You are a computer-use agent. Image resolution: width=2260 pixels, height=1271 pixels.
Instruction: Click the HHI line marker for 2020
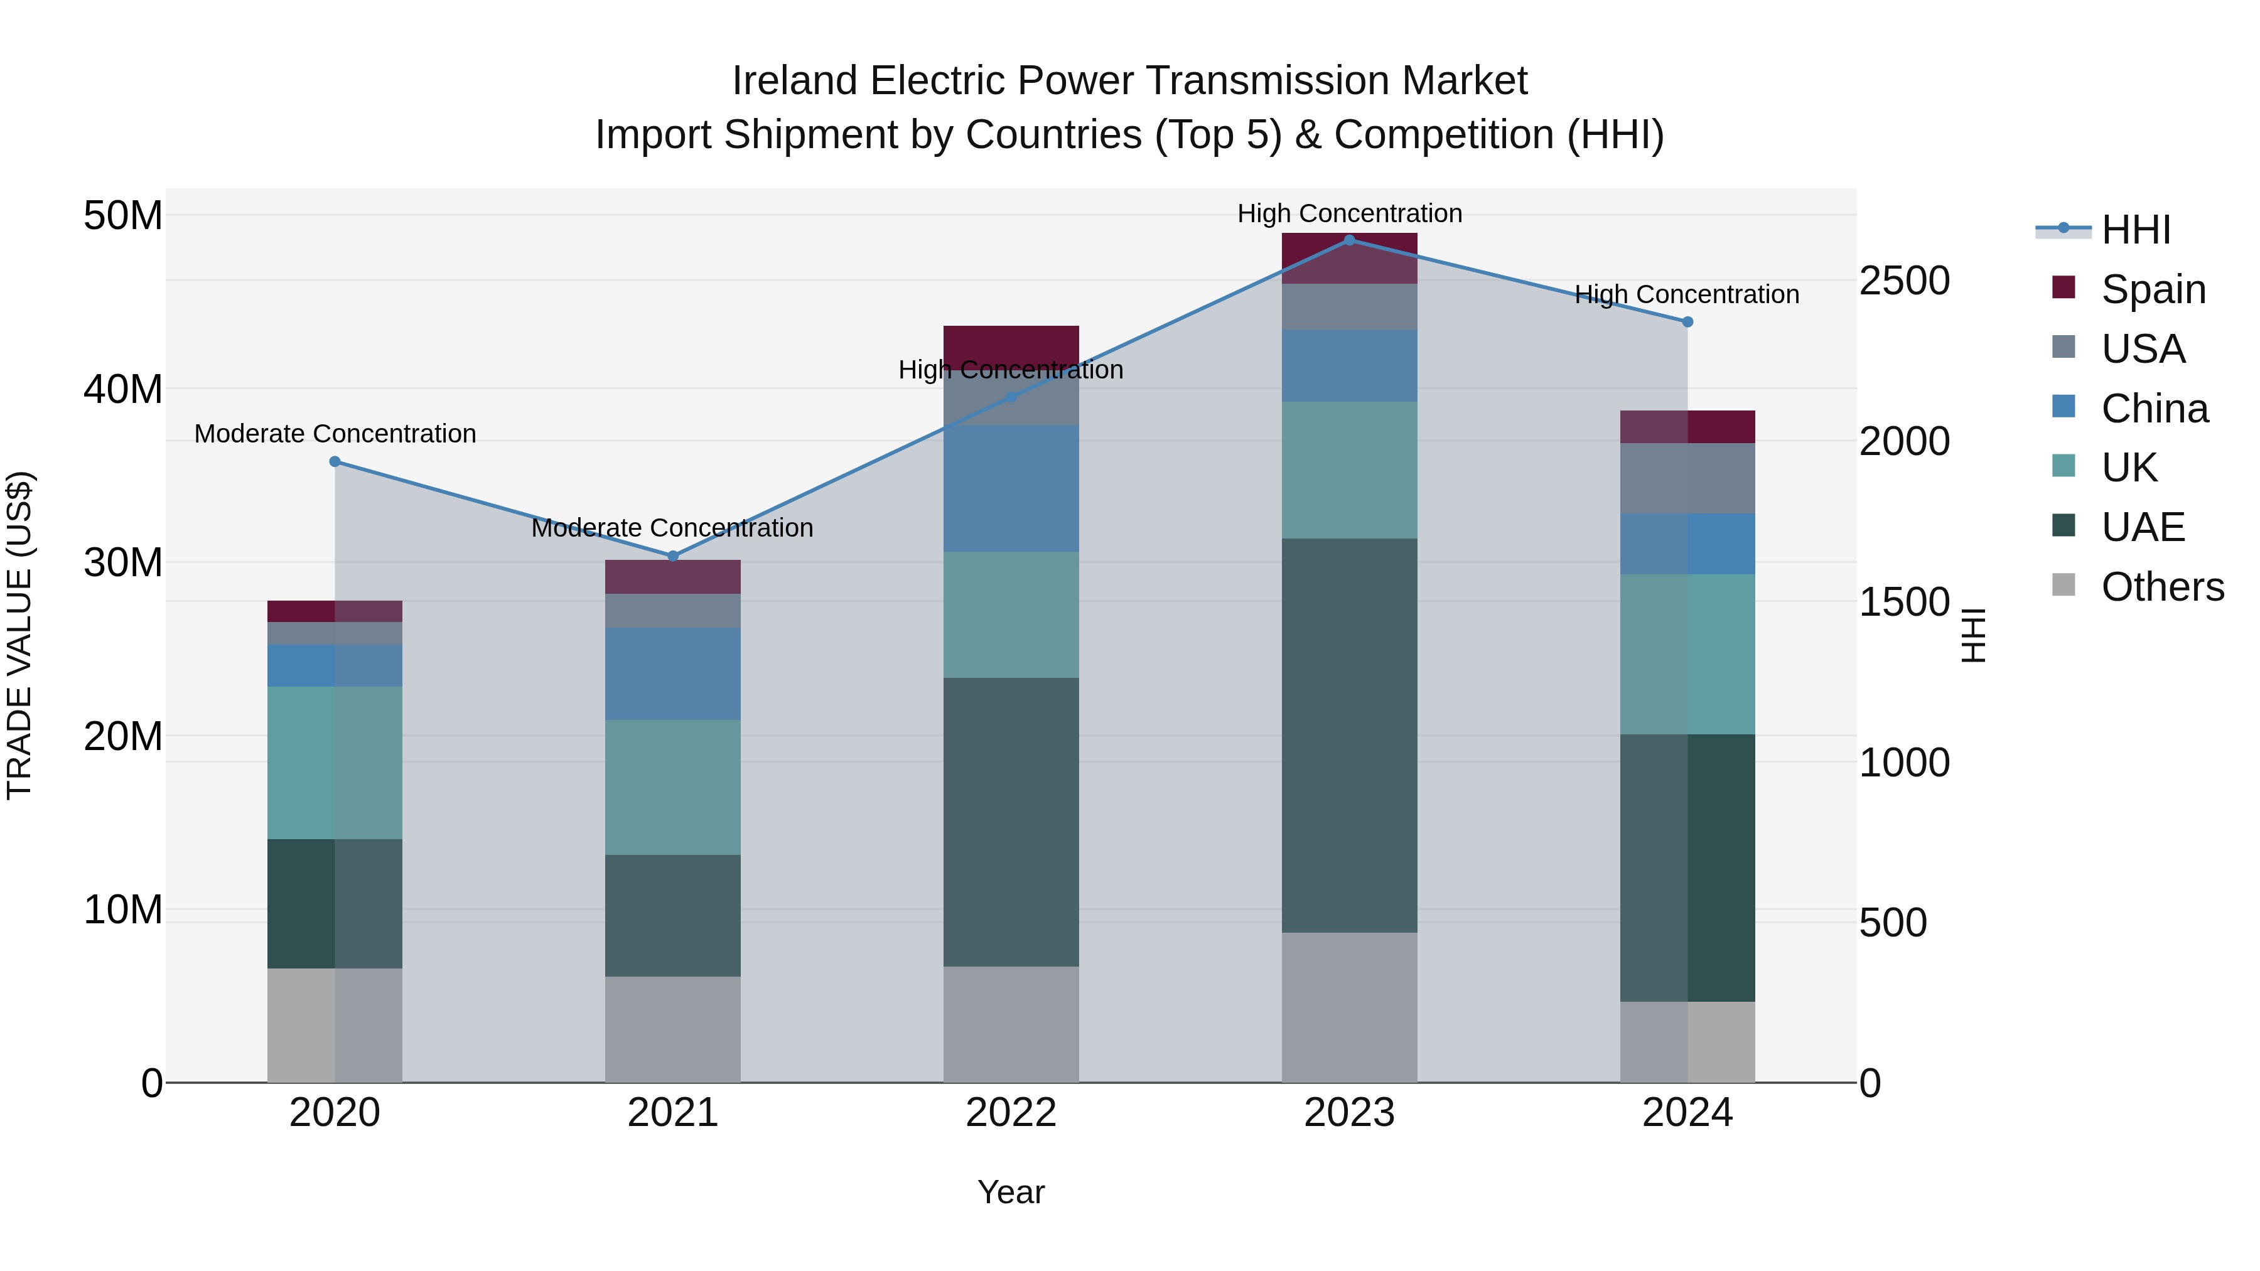tap(334, 461)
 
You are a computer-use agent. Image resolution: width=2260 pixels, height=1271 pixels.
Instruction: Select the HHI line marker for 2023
tap(1349, 240)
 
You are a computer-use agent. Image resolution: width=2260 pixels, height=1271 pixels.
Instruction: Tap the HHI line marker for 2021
tap(673, 556)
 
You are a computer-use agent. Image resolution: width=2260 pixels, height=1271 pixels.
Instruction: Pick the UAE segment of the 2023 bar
tap(1349, 735)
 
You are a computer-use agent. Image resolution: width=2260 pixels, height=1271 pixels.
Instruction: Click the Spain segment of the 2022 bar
tap(1011, 342)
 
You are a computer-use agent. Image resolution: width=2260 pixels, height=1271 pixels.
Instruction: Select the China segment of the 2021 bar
tap(673, 673)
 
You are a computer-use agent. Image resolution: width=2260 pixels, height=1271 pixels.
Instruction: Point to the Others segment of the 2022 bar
tap(1011, 1024)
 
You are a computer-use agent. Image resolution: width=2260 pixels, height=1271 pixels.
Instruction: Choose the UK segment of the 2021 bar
tap(673, 787)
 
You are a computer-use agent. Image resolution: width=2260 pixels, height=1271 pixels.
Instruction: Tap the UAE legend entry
tap(2141, 527)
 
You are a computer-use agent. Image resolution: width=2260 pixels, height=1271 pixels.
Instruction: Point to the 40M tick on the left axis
tap(123, 389)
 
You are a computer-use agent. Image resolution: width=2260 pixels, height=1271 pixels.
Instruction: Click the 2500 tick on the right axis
tap(1905, 281)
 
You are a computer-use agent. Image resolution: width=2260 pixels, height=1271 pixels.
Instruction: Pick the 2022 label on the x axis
tap(1011, 1113)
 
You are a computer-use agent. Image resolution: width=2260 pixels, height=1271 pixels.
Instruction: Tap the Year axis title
tap(1011, 1192)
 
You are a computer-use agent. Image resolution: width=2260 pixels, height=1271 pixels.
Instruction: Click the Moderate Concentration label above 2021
tap(673, 528)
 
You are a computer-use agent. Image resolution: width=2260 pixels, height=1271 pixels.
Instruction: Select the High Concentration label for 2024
tap(1686, 295)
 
